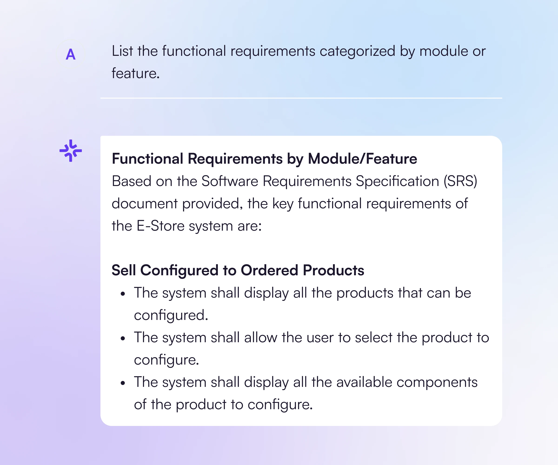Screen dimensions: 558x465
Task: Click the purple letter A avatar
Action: (71, 54)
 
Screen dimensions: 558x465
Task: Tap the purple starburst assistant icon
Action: (71, 151)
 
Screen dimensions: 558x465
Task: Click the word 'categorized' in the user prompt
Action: (357, 51)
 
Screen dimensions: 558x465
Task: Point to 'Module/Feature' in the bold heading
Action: (362, 159)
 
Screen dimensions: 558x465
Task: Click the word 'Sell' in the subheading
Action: (123, 270)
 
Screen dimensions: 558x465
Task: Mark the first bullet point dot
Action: (123, 294)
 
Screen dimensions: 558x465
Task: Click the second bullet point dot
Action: (123, 339)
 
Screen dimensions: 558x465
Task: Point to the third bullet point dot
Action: (123, 383)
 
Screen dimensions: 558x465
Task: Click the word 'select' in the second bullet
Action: (374, 337)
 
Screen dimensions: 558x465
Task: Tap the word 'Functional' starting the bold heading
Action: (147, 159)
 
